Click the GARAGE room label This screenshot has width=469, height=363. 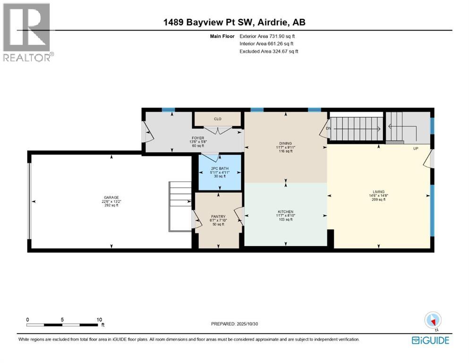click(111, 198)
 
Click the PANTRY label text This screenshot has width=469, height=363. click(218, 216)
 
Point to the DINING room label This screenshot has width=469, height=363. click(285, 143)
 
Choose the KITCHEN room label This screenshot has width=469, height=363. click(286, 212)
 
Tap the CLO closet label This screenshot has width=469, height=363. click(218, 119)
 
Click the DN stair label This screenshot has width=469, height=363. click(328, 128)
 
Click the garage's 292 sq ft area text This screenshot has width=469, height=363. click(111, 206)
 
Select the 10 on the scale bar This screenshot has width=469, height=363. click(99, 320)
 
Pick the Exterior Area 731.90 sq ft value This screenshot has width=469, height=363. click(268, 36)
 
